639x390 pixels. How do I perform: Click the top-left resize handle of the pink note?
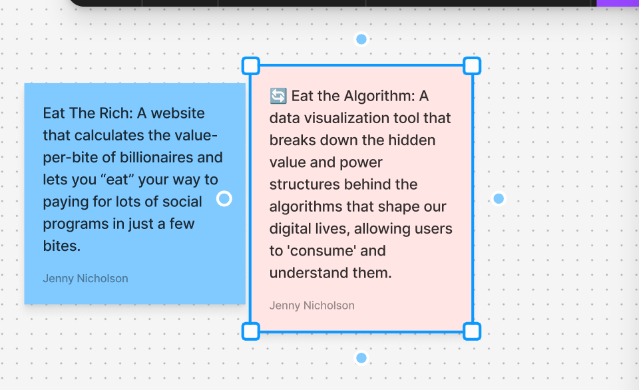[x=251, y=66]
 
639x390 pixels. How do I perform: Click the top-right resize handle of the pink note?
[x=472, y=66]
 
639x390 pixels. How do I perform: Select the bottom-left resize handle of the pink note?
[x=251, y=331]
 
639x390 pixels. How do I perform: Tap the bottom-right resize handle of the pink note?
[x=472, y=331]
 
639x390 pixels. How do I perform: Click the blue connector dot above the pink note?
[x=361, y=39]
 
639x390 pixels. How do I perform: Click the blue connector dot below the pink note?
[x=361, y=358]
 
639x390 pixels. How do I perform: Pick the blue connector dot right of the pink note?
[x=499, y=198]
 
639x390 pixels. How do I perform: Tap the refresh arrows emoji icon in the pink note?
[x=278, y=96]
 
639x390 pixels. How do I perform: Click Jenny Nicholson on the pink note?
[x=312, y=305]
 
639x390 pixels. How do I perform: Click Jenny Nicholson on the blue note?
[x=86, y=278]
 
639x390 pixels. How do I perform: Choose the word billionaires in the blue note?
[x=156, y=157]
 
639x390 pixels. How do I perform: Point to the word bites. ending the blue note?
[x=62, y=246]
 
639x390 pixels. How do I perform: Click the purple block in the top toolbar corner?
[x=618, y=3]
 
